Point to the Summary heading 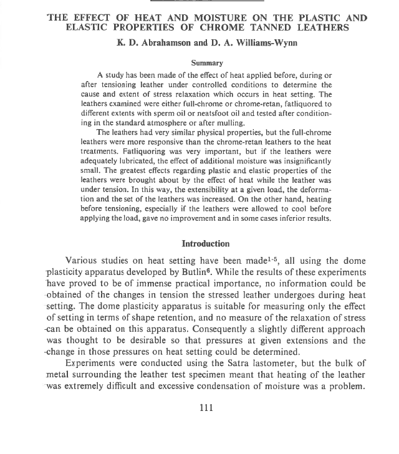(x=207, y=63)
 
